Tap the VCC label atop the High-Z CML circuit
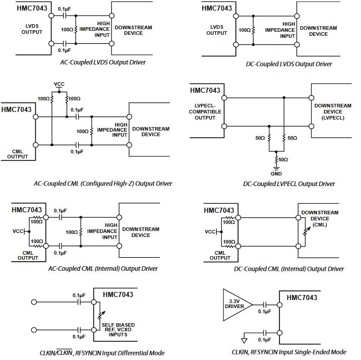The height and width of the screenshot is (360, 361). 59,84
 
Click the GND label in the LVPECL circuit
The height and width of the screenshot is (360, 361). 276,173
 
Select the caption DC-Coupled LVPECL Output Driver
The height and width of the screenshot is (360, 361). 289,184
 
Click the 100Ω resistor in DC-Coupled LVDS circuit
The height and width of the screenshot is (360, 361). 254,30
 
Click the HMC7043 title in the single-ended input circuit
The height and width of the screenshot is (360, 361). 302,298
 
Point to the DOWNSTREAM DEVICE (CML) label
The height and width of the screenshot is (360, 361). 321,219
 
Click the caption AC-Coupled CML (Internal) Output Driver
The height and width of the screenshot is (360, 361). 103,269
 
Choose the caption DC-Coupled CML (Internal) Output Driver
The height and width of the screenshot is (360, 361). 289,269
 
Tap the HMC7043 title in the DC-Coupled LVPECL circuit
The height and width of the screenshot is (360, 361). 206,91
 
